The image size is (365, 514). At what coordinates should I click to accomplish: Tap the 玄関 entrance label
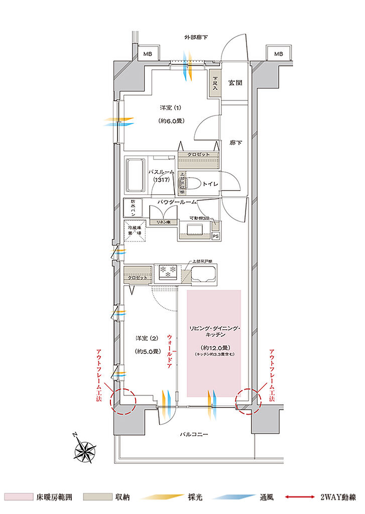[x=235, y=83]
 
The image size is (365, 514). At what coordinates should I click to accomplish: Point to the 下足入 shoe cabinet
[x=215, y=83]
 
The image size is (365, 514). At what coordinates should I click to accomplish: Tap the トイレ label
[x=210, y=184]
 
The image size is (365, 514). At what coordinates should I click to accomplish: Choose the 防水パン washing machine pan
[x=133, y=208]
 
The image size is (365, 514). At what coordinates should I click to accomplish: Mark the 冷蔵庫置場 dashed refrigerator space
[x=134, y=233]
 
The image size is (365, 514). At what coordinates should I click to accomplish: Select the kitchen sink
[x=204, y=275]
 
